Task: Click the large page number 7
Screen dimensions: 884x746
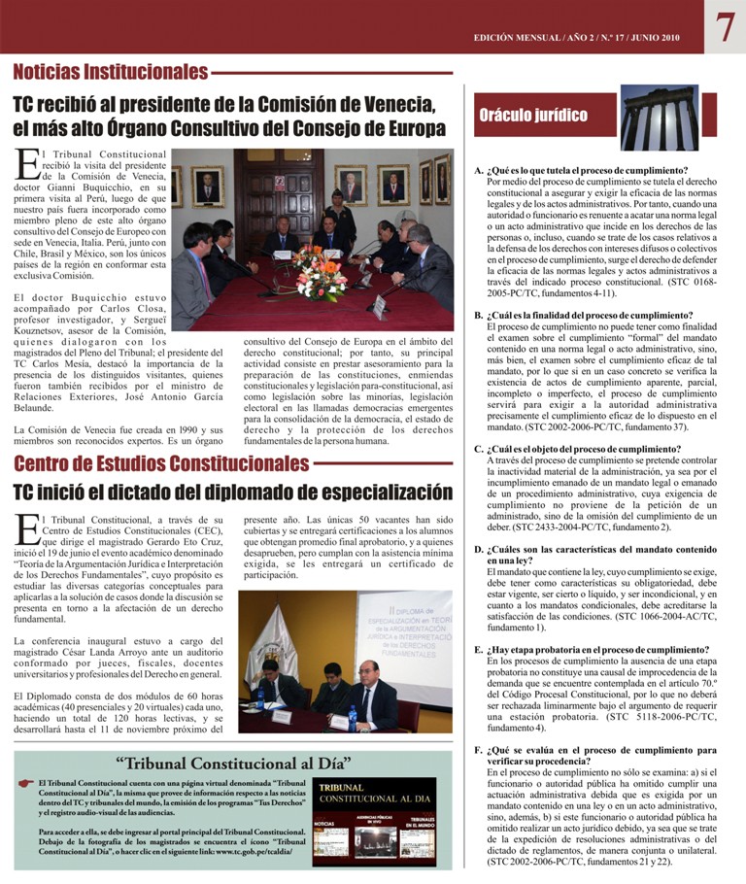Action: coord(725,27)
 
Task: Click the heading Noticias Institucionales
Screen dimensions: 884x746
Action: coord(110,72)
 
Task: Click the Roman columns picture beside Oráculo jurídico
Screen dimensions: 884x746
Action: coord(659,118)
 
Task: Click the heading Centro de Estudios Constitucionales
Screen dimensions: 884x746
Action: coord(161,463)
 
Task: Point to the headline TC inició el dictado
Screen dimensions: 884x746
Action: coord(232,492)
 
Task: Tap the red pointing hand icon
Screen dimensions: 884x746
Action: coord(26,783)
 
